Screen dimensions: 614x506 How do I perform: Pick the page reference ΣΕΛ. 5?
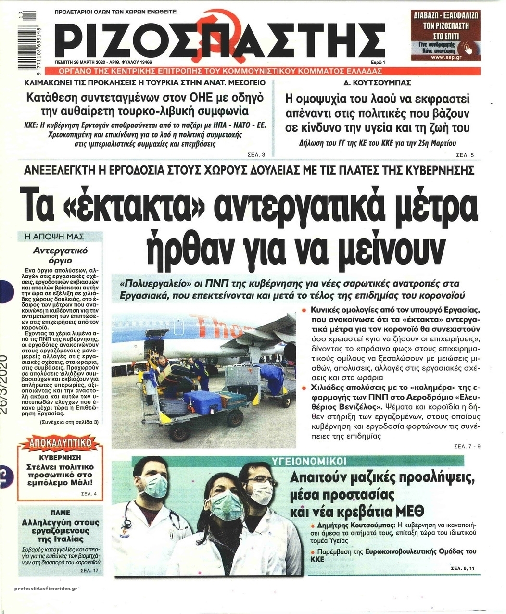click(465, 155)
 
